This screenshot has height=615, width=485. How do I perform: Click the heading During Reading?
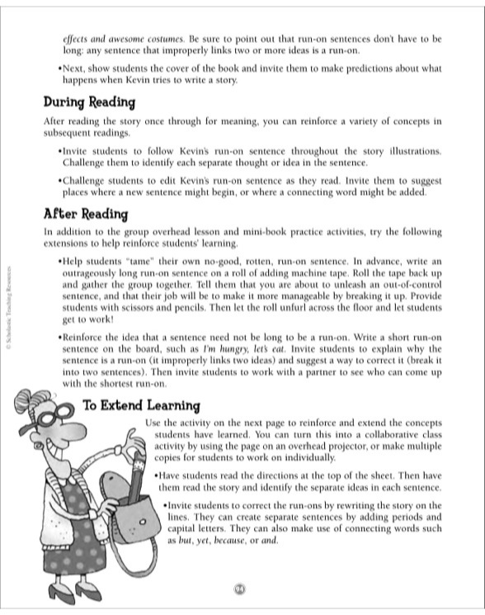click(x=89, y=103)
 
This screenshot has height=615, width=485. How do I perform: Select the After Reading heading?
click(x=86, y=214)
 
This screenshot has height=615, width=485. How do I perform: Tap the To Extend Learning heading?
click(x=141, y=405)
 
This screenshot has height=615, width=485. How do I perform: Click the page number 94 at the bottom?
click(x=240, y=588)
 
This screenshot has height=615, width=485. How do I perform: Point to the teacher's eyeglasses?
click(x=41, y=420)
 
